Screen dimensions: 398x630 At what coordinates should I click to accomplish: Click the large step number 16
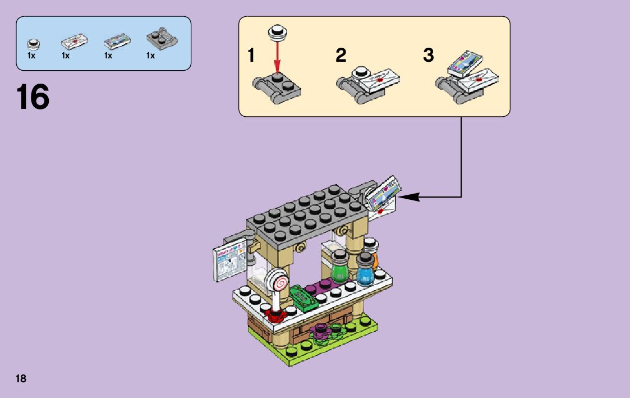click(33, 97)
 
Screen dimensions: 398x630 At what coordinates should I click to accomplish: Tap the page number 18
click(21, 378)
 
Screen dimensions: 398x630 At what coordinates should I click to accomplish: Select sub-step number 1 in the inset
click(251, 56)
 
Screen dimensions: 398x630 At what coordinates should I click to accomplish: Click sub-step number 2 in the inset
click(341, 56)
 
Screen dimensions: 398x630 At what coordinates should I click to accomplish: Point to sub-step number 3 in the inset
click(428, 56)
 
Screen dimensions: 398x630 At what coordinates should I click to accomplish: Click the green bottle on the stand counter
click(339, 268)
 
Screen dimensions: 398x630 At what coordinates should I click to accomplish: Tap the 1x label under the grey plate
click(150, 56)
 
